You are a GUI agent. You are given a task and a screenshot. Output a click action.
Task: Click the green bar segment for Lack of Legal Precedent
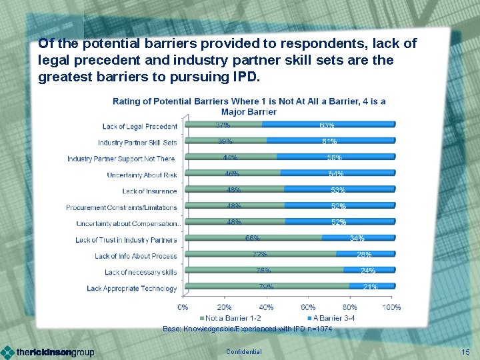point(223,124)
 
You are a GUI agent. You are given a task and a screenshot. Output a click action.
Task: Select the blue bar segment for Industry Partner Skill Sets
point(331,140)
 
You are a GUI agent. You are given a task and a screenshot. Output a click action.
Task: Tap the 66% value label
point(253,238)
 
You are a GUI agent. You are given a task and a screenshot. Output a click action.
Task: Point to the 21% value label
point(370,287)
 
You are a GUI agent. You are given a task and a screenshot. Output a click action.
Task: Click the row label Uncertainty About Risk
point(142,175)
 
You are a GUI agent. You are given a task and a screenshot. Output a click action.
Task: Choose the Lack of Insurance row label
point(149,191)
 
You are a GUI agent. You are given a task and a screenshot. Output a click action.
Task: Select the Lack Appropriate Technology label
point(132,289)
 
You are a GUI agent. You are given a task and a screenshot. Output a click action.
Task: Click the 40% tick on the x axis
point(266,307)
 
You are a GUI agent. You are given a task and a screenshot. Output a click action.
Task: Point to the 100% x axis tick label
point(392,307)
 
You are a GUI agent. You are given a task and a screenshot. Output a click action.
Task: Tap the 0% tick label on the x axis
point(182,307)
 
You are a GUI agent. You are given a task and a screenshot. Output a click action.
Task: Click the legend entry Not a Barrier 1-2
point(231,318)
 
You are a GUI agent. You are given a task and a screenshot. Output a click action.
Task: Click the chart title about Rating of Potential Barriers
point(249,106)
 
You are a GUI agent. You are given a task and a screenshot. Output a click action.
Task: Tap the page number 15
point(465,351)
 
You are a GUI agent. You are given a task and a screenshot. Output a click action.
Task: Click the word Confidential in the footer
point(244,351)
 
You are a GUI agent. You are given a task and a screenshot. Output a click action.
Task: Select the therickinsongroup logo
point(48,352)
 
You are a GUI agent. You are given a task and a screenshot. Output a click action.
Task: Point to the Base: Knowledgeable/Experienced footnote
point(247,329)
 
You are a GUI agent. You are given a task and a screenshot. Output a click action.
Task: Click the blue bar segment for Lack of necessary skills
point(369,270)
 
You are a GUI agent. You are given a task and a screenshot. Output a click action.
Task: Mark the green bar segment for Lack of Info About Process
point(260,254)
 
